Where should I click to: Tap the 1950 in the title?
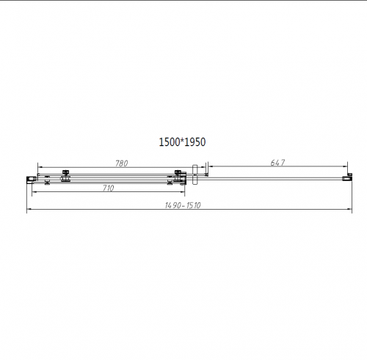(195, 144)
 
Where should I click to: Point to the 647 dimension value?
(277, 163)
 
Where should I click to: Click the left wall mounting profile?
(31, 177)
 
